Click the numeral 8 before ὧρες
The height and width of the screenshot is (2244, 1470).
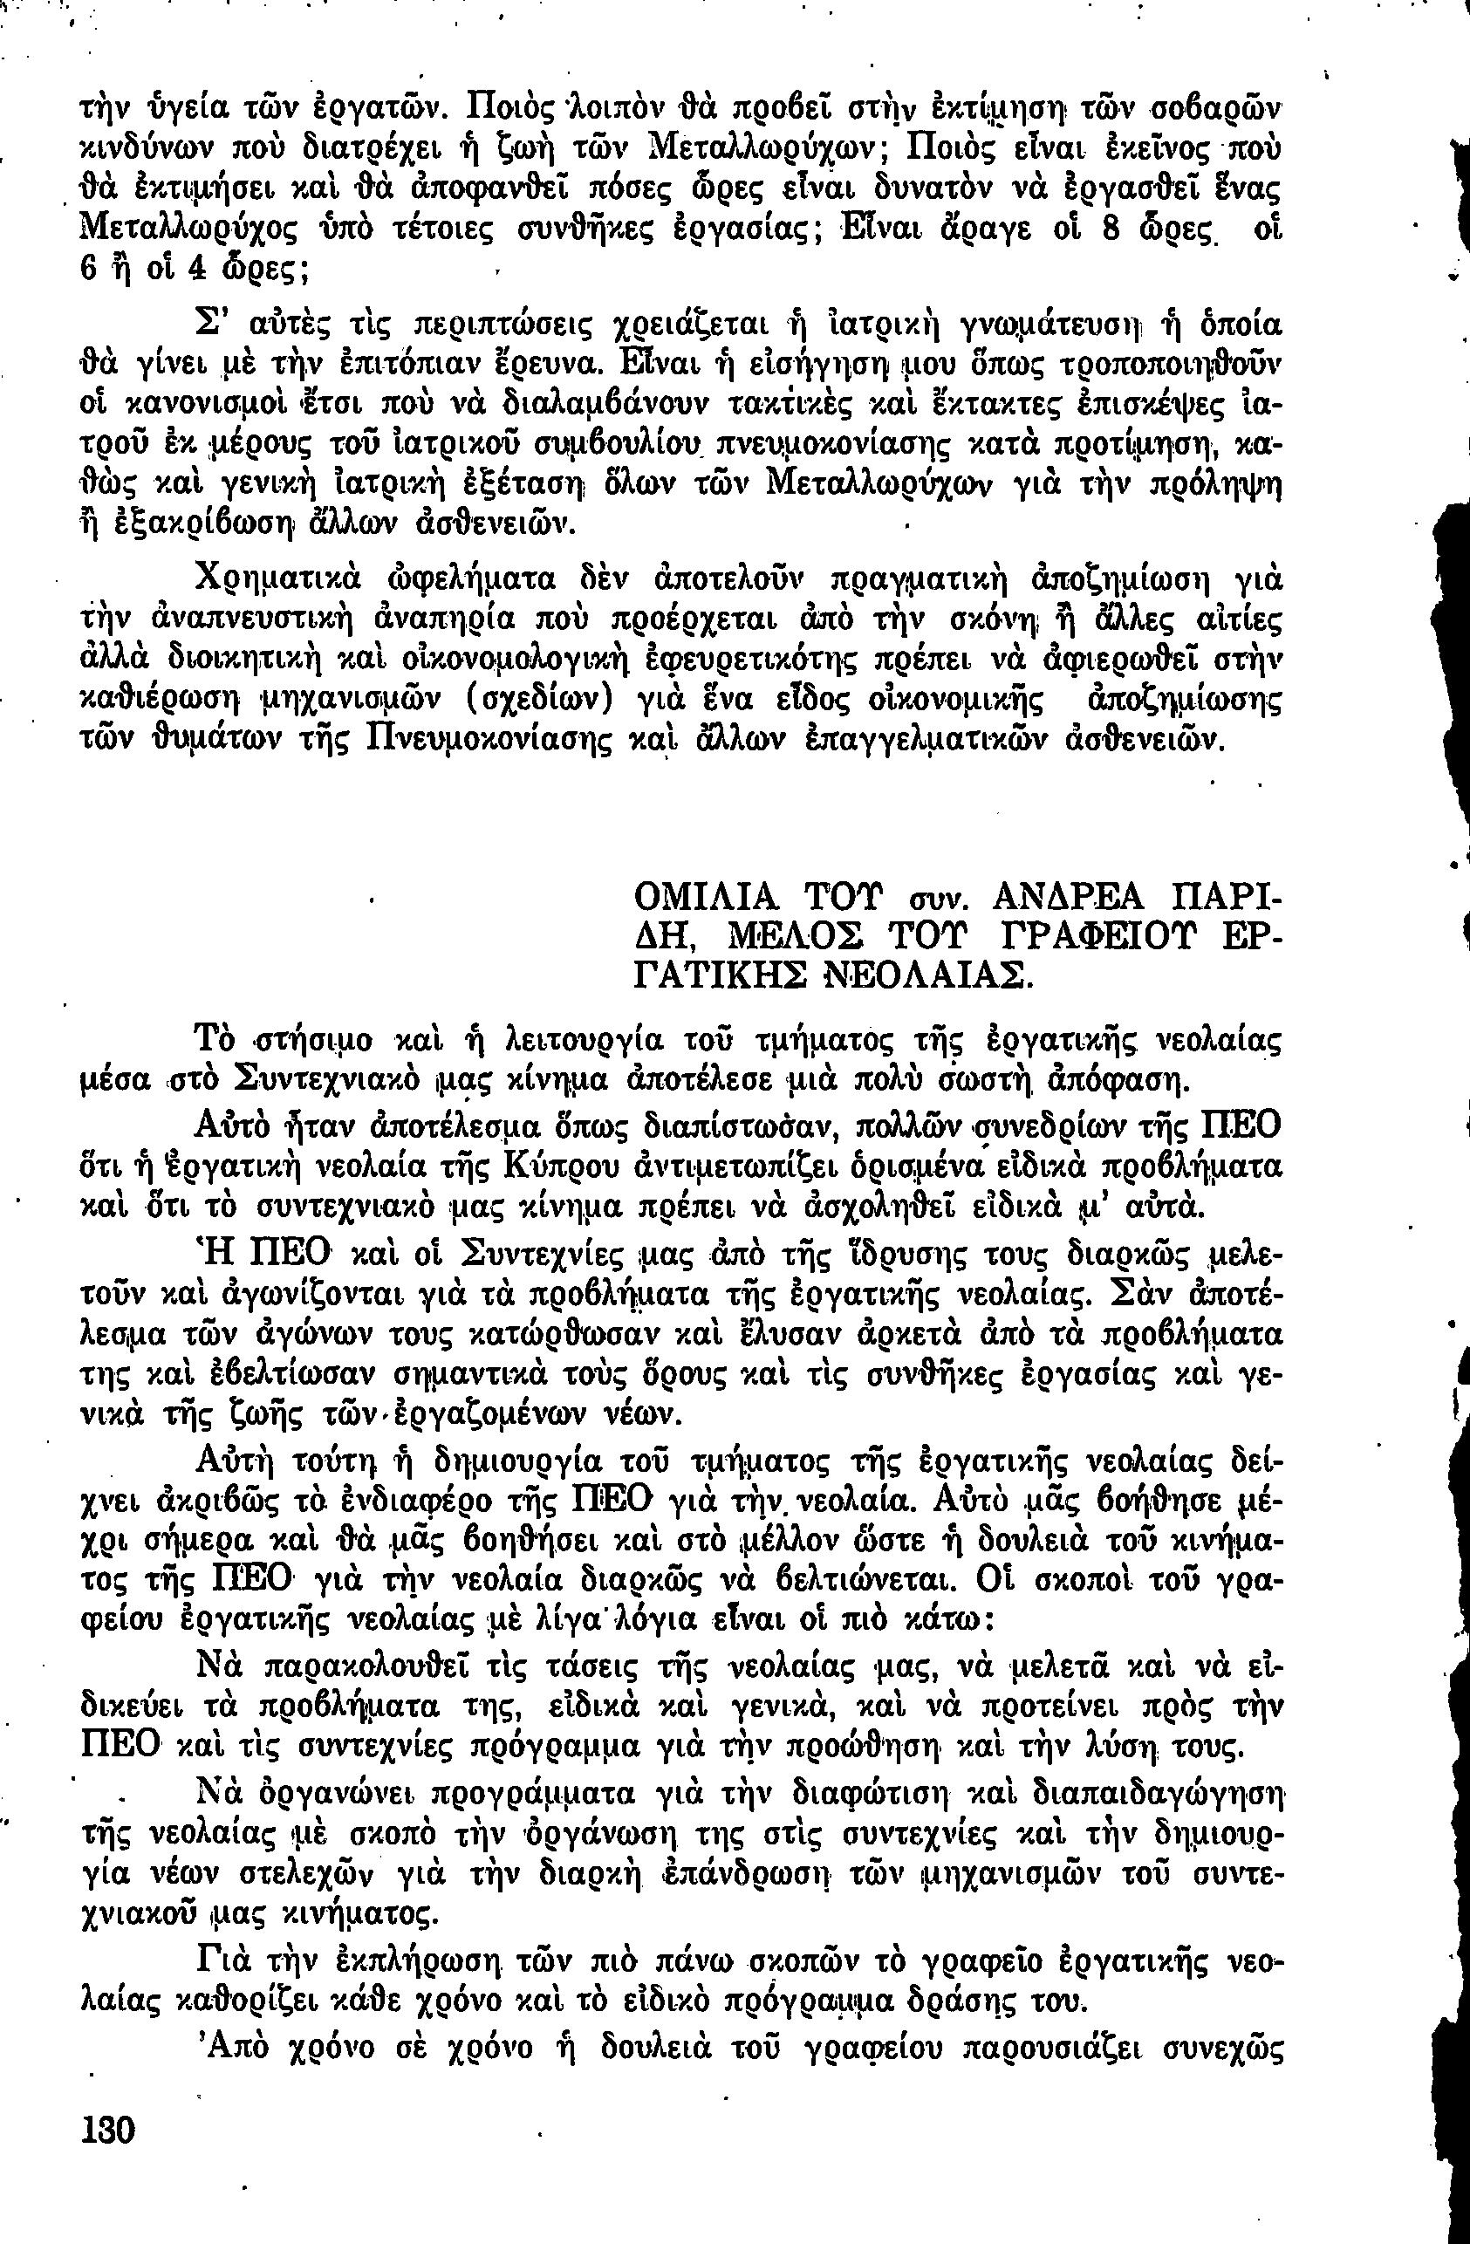(1110, 231)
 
